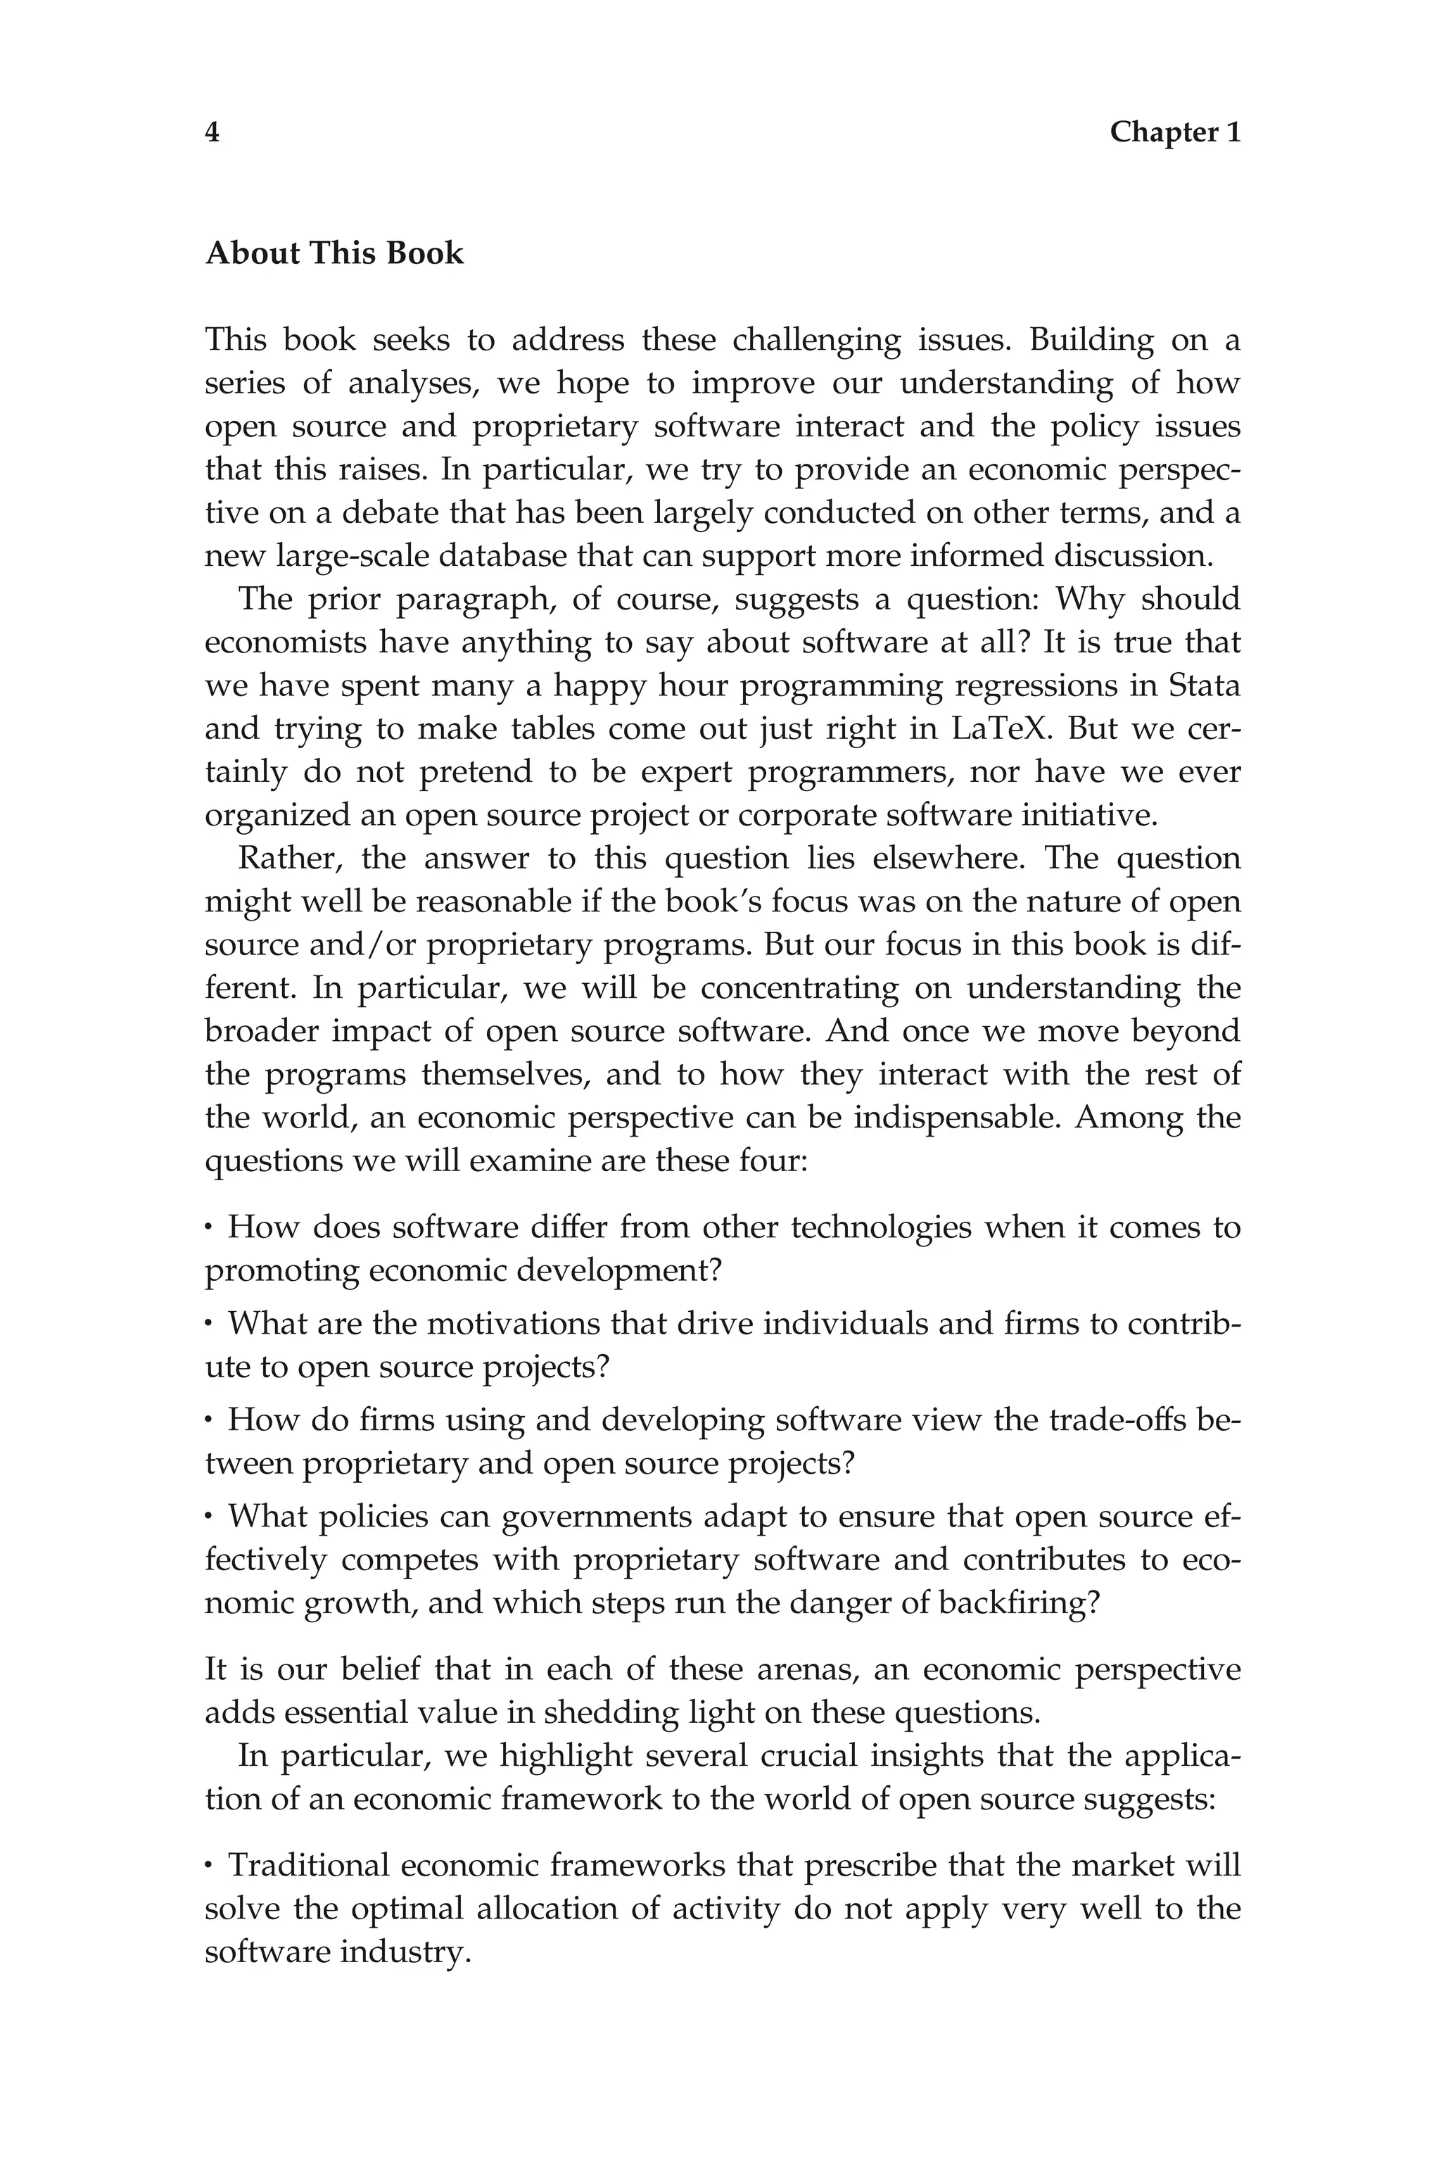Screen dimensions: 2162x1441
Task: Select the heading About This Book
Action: [334, 253]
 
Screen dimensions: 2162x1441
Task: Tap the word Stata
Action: [1204, 685]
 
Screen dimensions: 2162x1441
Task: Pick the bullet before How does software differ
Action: [210, 1227]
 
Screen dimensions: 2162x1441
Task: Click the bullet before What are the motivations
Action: [210, 1324]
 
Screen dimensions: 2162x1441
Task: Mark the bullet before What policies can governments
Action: [210, 1517]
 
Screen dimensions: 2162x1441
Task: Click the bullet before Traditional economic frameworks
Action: [210, 1866]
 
